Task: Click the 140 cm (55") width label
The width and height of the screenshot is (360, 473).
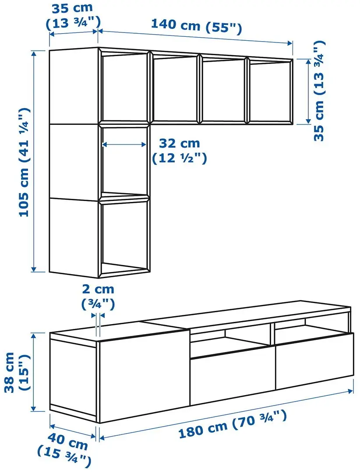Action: click(x=196, y=25)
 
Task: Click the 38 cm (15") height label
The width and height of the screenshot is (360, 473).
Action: click(x=14, y=372)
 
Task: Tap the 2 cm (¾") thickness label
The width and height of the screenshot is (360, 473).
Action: click(x=98, y=296)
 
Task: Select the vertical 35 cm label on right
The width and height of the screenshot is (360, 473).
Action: click(x=320, y=90)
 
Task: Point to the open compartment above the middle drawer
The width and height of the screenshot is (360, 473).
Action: click(x=230, y=339)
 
